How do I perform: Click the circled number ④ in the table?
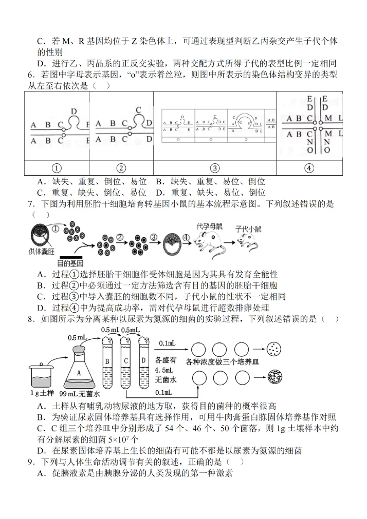(x=309, y=168)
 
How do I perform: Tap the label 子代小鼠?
(x=248, y=228)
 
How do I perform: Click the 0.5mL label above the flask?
(x=78, y=338)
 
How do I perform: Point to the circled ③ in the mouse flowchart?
(x=154, y=237)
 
